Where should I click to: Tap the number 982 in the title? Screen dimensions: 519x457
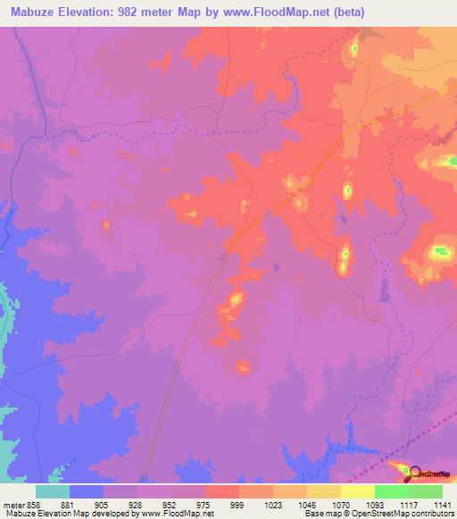click(x=145, y=12)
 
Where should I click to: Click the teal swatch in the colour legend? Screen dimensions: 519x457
click(x=53, y=491)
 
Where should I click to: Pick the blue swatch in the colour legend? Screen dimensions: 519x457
click(x=87, y=491)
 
